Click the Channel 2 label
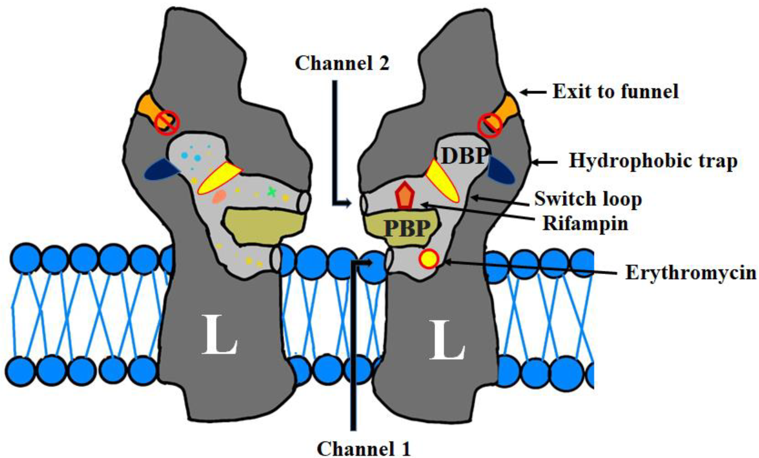(x=342, y=63)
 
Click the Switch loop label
(x=588, y=199)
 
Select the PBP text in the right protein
(x=407, y=228)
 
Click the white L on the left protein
(x=219, y=339)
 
